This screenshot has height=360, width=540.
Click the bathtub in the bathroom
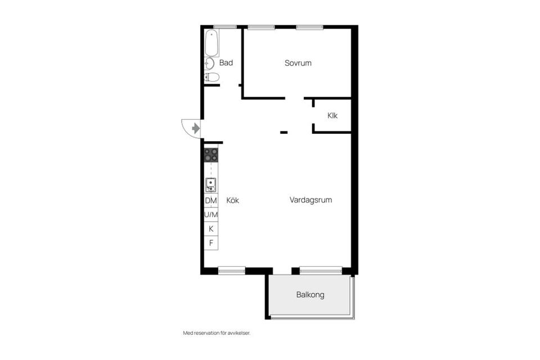[211, 43]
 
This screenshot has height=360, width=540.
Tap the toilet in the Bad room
[211, 77]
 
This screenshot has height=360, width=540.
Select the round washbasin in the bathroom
[209, 64]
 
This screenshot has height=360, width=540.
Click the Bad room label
[226, 62]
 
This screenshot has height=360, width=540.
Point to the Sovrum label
[298, 63]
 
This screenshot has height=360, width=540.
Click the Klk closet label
[332, 116]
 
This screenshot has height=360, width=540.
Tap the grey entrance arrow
[196, 128]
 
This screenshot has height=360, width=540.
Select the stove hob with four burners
[211, 155]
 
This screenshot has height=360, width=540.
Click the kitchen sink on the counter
[211, 185]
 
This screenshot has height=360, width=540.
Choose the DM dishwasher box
[211, 200]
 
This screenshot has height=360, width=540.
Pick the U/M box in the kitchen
[211, 215]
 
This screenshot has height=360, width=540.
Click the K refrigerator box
[211, 229]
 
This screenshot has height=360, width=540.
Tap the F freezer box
[211, 243]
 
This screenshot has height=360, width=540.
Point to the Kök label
[233, 200]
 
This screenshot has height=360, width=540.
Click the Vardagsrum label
[310, 200]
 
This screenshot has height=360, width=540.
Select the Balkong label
[310, 295]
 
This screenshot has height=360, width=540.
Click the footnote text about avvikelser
[217, 333]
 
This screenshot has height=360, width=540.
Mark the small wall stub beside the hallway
[283, 132]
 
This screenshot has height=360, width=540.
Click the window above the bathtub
[225, 27]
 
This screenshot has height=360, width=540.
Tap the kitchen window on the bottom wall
[232, 271]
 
